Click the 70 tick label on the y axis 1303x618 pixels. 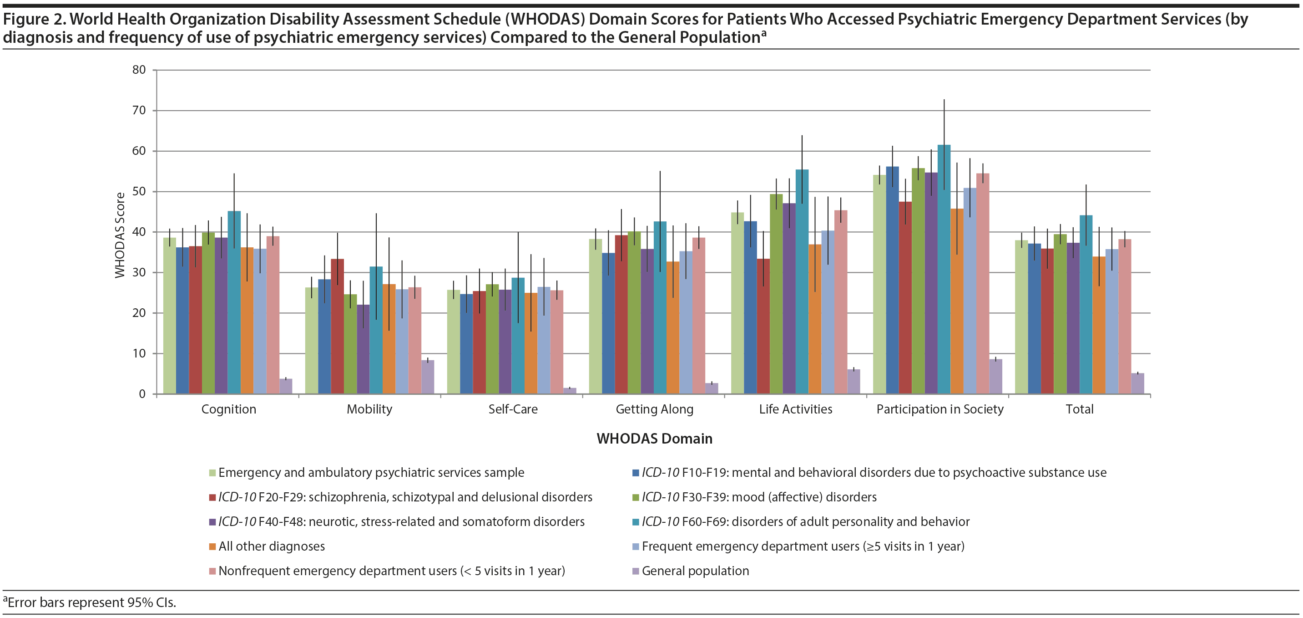(139, 110)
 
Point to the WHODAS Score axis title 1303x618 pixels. (120, 235)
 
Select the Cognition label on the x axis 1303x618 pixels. (229, 409)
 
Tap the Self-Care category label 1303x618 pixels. (513, 409)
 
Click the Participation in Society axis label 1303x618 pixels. (940, 409)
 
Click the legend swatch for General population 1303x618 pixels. (636, 572)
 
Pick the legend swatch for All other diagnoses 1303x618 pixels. (212, 546)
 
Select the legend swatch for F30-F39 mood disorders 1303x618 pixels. (636, 497)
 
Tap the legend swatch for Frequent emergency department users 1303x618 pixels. (636, 546)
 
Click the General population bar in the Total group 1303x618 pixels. (1137, 383)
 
